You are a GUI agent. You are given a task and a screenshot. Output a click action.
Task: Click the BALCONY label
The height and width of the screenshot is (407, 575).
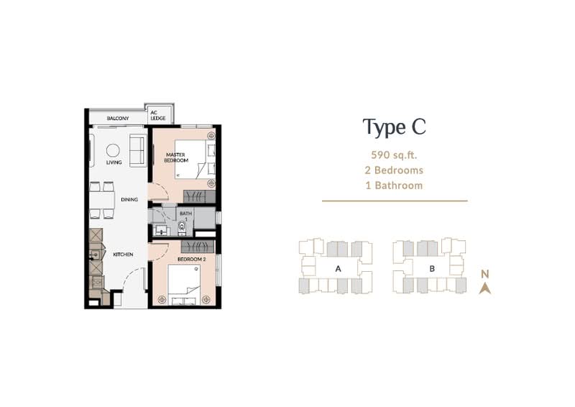118,118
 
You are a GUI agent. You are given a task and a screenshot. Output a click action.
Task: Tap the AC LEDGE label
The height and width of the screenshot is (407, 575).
158,115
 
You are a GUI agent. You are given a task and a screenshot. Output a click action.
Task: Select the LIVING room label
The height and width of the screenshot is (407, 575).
114,163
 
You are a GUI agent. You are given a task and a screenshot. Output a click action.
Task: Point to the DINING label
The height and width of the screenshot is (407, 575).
129,200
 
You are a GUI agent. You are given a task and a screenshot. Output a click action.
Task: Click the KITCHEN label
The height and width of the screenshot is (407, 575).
123,255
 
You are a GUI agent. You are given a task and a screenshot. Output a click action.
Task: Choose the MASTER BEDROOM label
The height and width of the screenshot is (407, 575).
175,157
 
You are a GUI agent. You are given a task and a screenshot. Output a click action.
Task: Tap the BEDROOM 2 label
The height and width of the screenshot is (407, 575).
191,260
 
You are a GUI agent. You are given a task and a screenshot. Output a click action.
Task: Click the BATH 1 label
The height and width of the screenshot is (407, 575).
185,216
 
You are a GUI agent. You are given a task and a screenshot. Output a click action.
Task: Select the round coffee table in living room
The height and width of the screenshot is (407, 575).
113,150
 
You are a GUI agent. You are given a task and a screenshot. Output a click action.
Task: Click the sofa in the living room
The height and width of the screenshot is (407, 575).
138,150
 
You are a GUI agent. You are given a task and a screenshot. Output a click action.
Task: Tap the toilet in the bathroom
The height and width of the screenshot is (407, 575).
182,227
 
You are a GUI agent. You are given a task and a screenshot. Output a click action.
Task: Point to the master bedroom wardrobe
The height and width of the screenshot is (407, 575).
199,196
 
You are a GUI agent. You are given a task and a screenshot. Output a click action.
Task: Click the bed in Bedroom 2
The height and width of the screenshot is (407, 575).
184,285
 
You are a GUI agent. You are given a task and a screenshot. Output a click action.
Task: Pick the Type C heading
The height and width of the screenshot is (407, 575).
394,127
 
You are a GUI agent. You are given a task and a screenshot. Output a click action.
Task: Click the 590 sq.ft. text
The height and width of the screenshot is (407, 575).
394,155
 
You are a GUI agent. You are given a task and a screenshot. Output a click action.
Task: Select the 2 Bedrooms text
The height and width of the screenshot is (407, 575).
394,170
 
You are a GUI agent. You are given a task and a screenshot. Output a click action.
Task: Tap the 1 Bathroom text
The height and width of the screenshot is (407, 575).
394,186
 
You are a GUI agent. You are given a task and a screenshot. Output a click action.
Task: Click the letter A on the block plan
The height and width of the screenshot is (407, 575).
338,269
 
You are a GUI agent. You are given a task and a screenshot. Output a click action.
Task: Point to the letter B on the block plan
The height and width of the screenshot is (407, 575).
432,269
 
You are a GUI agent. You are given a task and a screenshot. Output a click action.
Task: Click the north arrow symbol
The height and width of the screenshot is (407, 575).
484,289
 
